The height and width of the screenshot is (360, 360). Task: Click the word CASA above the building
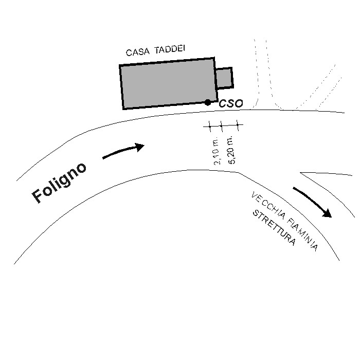pos(137,52)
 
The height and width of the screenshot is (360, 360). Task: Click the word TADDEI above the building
pos(169,49)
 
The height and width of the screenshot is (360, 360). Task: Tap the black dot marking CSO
pos(208,102)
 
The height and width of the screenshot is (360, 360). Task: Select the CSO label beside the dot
pos(231,103)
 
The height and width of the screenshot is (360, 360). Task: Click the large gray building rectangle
pos(168,83)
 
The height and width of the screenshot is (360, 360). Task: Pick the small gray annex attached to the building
pos(225,78)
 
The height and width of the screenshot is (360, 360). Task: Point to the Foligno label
pos(59,183)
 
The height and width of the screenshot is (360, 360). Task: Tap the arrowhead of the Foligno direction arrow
pos(139,147)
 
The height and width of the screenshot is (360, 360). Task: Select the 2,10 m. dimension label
pos(217,151)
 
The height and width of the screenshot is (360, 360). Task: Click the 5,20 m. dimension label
pos(231,150)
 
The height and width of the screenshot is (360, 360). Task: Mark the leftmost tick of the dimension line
pos(210,126)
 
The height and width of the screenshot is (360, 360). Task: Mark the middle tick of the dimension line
pos(221,126)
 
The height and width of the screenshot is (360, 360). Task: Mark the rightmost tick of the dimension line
pos(238,125)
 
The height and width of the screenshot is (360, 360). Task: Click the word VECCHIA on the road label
pos(268,205)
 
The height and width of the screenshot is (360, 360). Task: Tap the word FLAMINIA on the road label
pos(303,235)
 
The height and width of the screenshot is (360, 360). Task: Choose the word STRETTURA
pos(274,227)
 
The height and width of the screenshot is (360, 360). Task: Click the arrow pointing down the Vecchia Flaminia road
pos(312,202)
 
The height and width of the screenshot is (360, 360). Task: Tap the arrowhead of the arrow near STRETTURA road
pos(328,213)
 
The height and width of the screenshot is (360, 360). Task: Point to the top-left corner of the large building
pos(120,65)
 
